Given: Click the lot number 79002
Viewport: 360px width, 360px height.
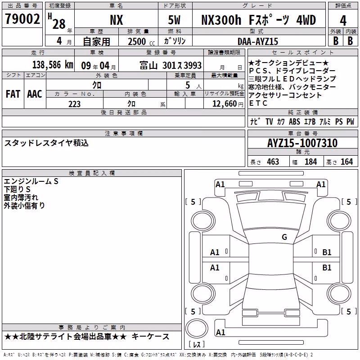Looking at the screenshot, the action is coord(22,18).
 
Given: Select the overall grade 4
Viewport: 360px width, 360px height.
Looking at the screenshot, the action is coord(343,20).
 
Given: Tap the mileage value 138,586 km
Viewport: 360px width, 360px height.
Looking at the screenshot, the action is coord(53,65).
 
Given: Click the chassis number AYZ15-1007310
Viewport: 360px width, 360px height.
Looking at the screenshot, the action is coord(302,143).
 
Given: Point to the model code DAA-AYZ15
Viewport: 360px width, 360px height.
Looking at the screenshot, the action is coord(257,41).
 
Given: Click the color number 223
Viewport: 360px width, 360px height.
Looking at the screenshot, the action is coord(74,104).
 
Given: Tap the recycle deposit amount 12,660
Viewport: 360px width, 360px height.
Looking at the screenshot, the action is coord(224,104).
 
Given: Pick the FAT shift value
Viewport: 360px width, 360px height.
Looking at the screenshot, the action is coord(13,94).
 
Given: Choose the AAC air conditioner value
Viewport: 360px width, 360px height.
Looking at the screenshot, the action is coord(35,94).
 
